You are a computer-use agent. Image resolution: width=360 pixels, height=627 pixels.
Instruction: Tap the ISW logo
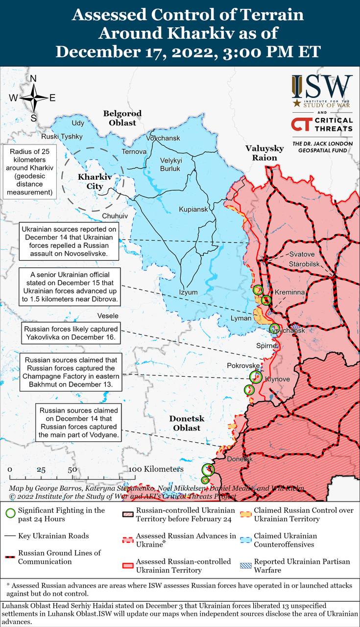coord(322,91)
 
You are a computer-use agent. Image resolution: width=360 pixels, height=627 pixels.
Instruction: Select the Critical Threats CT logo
coord(301,124)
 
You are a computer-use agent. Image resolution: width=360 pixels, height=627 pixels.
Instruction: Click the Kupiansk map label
coord(193,209)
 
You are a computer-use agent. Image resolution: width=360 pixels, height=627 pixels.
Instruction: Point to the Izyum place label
coord(189,292)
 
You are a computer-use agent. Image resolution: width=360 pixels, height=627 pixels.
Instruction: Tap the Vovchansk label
coord(163,139)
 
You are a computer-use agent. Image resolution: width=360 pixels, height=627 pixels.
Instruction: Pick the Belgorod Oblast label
coord(122,118)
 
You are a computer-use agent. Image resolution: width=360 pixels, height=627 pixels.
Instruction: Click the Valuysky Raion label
coord(264,153)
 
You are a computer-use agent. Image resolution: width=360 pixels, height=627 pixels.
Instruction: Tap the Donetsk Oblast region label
coord(187,423)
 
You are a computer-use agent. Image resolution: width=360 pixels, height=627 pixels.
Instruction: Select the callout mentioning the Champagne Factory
coord(70,373)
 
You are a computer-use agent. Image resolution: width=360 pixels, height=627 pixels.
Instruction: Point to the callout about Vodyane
coord(78,422)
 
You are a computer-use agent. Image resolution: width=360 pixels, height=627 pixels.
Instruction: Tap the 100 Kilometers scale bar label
coord(156,469)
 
